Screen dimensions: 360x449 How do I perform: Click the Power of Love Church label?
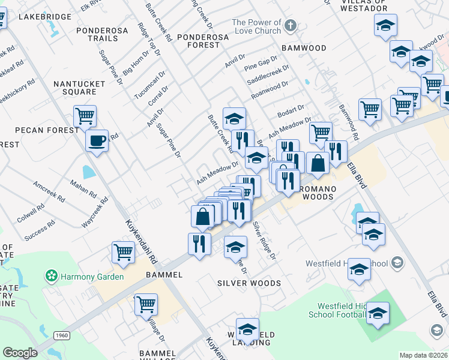click(256, 26)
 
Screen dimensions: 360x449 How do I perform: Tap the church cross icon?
click(291, 25)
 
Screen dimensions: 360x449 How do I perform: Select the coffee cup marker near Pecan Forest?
click(96, 141)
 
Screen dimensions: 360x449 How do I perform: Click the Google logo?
click(20, 353)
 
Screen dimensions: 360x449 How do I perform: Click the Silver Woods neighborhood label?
click(249, 283)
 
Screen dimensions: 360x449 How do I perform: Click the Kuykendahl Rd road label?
click(142, 243)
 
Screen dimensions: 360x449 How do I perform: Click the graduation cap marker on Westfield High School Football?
click(378, 313)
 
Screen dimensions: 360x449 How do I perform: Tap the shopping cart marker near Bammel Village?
click(146, 305)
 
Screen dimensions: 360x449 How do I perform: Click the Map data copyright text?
click(424, 355)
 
